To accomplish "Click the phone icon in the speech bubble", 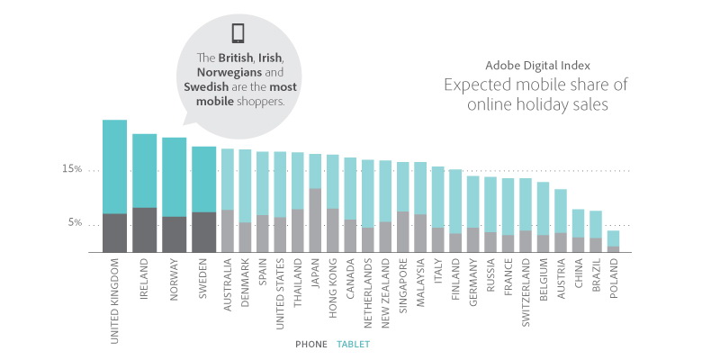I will tap(238, 33).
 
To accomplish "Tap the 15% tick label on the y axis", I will tap(72, 169).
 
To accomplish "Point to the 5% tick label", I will tap(75, 223).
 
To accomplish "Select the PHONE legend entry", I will tap(312, 344).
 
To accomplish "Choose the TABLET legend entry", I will tap(353, 344).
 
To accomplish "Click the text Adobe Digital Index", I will tap(535, 66).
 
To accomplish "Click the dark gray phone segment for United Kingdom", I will tap(114, 232).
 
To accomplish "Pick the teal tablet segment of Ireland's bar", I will tap(144, 171).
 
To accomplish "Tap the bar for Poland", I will tap(613, 241).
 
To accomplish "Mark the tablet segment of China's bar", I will tap(578, 223).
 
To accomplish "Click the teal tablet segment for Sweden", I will tap(203, 179).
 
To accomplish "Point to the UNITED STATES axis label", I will tap(281, 292).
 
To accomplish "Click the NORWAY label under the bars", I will tap(177, 283).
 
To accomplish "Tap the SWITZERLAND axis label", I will tap(526, 293).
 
